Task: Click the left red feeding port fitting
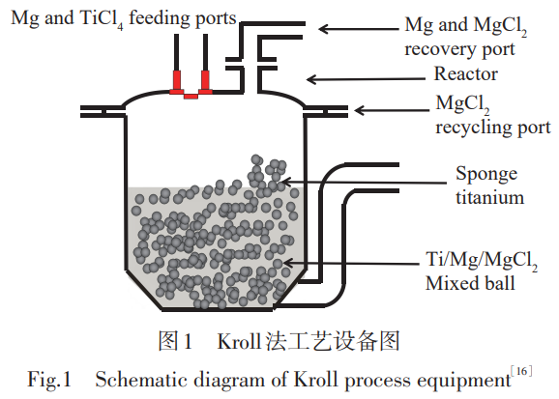click(x=177, y=82)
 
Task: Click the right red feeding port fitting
click(x=205, y=82)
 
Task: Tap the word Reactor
click(x=465, y=74)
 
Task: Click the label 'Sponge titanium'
click(x=489, y=185)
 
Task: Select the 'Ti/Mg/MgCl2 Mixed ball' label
click(x=482, y=271)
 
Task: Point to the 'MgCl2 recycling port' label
click(x=492, y=115)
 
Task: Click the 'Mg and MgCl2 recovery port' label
click(x=465, y=37)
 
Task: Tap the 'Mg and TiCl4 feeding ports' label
click(x=124, y=18)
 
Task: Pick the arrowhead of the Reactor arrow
click(x=310, y=79)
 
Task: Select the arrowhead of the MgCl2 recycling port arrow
click(x=359, y=110)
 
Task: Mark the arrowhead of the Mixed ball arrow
click(x=287, y=264)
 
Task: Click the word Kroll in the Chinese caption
click(x=239, y=341)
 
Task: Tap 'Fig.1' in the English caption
click(x=49, y=379)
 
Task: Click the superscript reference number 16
click(x=521, y=371)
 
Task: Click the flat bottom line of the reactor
click(x=217, y=309)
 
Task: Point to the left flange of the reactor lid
click(x=103, y=111)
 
